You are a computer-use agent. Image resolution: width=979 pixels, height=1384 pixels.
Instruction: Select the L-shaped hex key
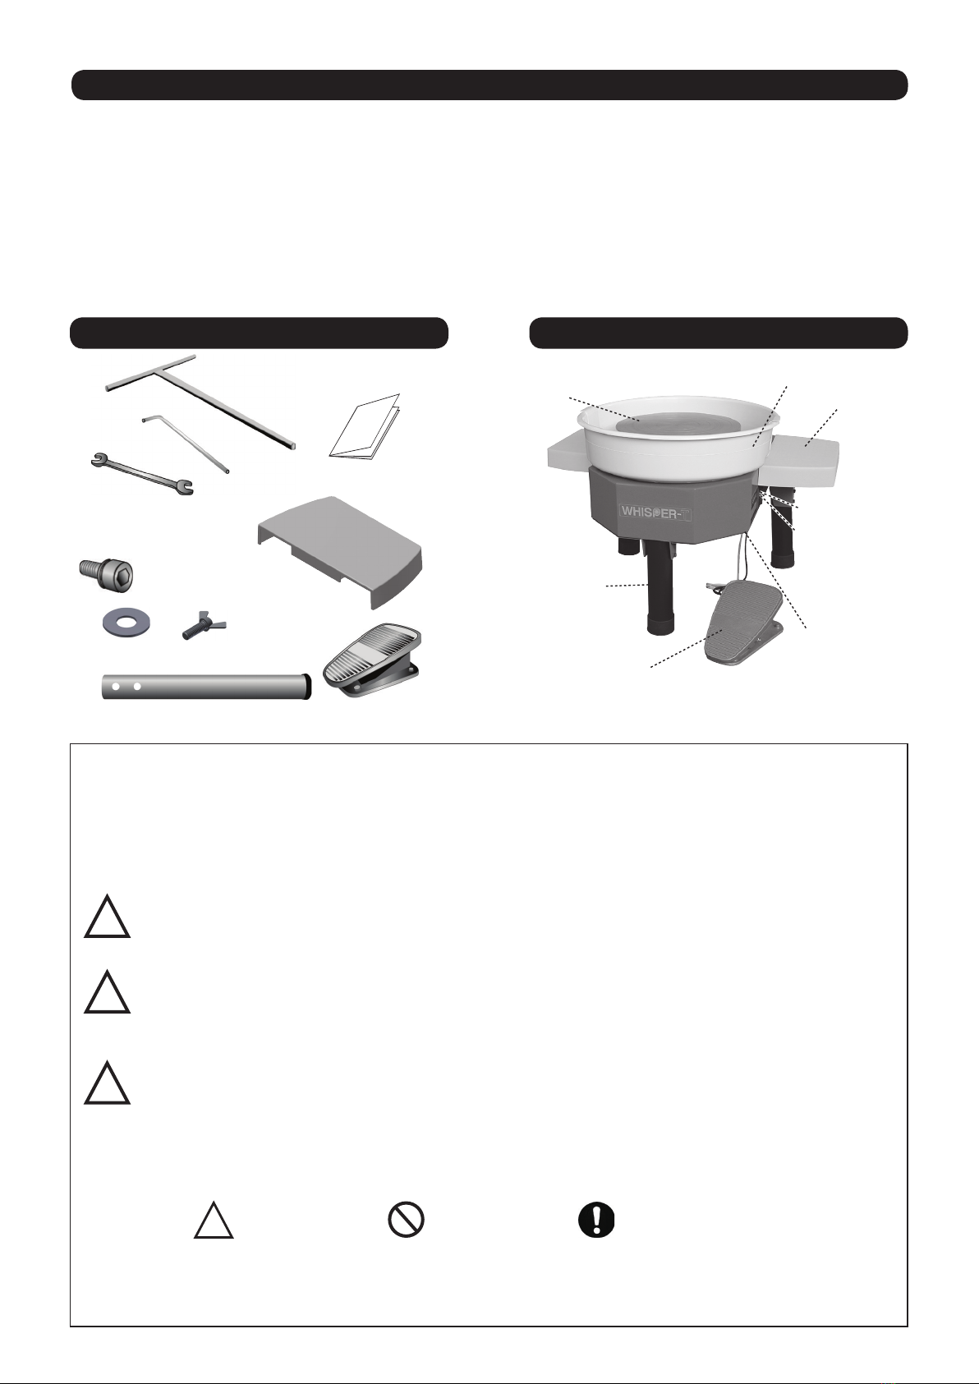(x=186, y=443)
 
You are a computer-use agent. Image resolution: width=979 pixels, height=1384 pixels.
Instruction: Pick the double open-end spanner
(x=142, y=474)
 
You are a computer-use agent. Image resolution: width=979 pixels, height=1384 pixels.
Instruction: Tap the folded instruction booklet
(x=365, y=426)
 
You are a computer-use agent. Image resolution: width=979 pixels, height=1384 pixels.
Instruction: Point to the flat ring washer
(x=127, y=623)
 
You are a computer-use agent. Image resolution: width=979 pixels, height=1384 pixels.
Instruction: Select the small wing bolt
(x=205, y=628)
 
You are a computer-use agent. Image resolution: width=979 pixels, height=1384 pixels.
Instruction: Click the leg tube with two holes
(x=206, y=687)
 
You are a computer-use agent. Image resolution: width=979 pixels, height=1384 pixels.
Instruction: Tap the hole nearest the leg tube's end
(x=116, y=687)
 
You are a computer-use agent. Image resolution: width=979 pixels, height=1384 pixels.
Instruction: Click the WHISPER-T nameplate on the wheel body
(x=655, y=512)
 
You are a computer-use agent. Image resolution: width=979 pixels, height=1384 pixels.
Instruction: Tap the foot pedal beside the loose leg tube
(x=373, y=660)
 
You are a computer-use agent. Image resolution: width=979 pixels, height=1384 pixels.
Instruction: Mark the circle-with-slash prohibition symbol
(x=406, y=1221)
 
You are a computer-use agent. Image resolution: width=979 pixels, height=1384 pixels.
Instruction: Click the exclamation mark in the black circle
(x=596, y=1221)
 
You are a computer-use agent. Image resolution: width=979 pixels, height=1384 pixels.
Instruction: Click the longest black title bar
(x=489, y=85)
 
